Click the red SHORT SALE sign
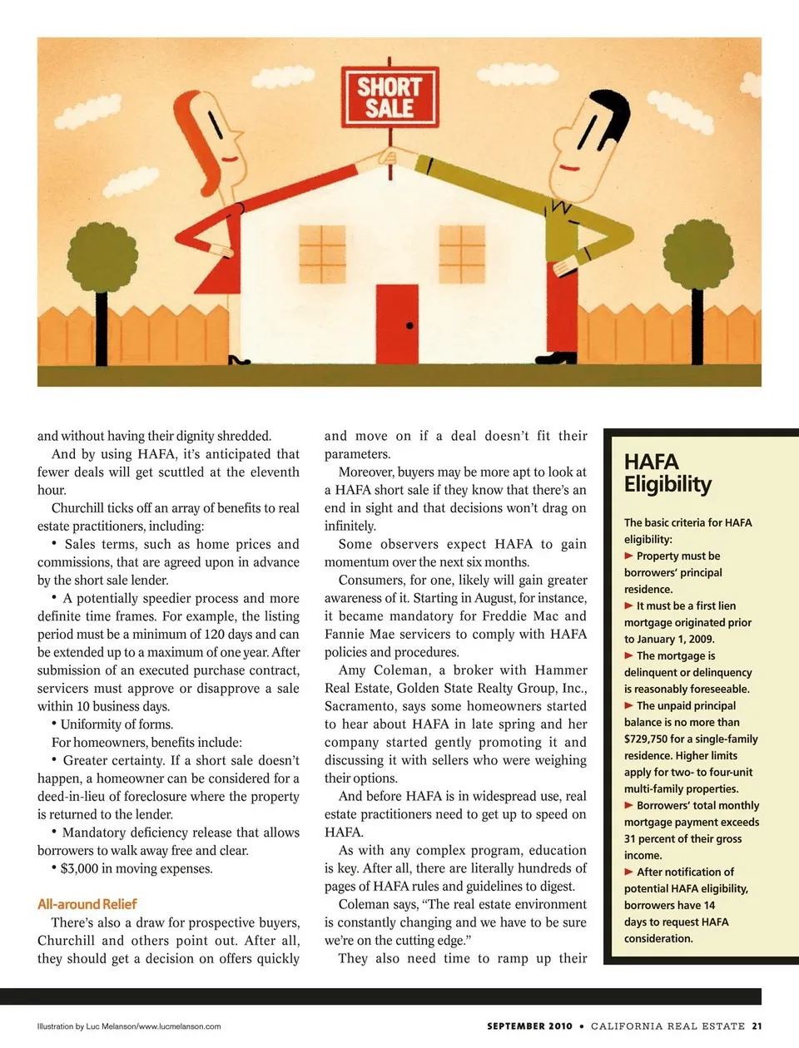click(x=390, y=97)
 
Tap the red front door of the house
click(x=397, y=324)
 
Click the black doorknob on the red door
click(x=409, y=326)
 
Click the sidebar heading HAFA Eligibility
click(x=667, y=473)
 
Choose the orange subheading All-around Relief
click(x=87, y=904)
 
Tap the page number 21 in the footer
click(x=757, y=1026)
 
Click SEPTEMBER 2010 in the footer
click(x=529, y=1026)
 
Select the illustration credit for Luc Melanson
click(x=129, y=1026)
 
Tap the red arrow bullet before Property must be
click(x=629, y=556)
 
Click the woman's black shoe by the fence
click(x=239, y=360)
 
